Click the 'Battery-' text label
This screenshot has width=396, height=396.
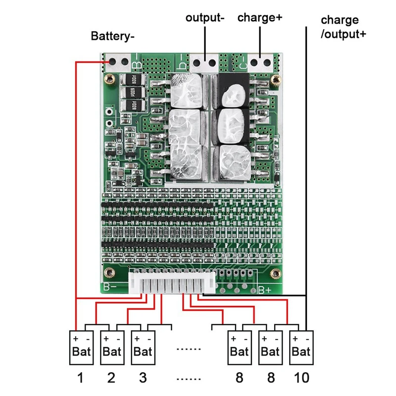coord(112,36)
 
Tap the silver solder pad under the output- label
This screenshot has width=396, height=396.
coord(204,64)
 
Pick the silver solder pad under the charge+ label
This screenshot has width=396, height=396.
coord(261,63)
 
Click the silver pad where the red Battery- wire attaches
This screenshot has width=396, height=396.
coord(117,63)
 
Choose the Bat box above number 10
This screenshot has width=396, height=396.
coord(301,347)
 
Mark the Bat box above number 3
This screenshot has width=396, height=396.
coord(143,347)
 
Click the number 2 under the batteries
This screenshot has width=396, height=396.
coord(111,378)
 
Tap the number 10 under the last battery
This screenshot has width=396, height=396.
coord(301,378)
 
